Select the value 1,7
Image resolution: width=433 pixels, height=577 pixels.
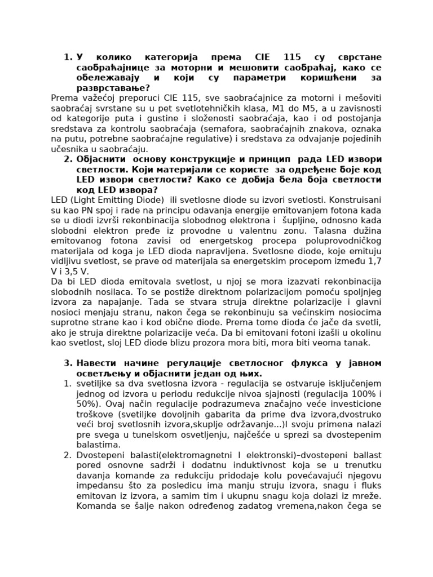point(373,261)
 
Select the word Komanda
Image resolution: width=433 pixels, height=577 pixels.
point(95,505)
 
